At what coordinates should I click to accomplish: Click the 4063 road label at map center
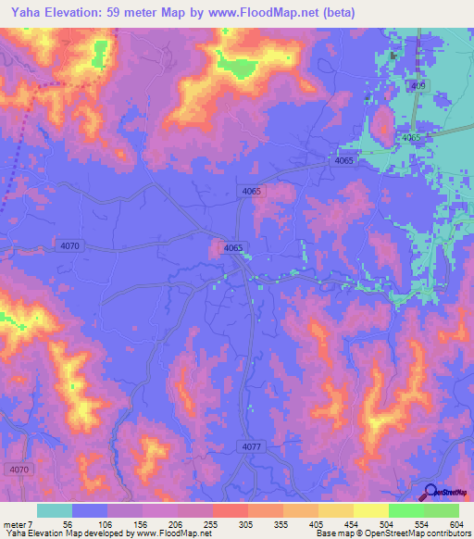click(233, 247)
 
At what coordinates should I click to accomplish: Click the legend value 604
click(456, 522)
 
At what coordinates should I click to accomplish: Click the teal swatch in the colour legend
click(55, 510)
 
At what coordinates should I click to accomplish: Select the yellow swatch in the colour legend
click(370, 510)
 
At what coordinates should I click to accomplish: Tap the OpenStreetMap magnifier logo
click(430, 493)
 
